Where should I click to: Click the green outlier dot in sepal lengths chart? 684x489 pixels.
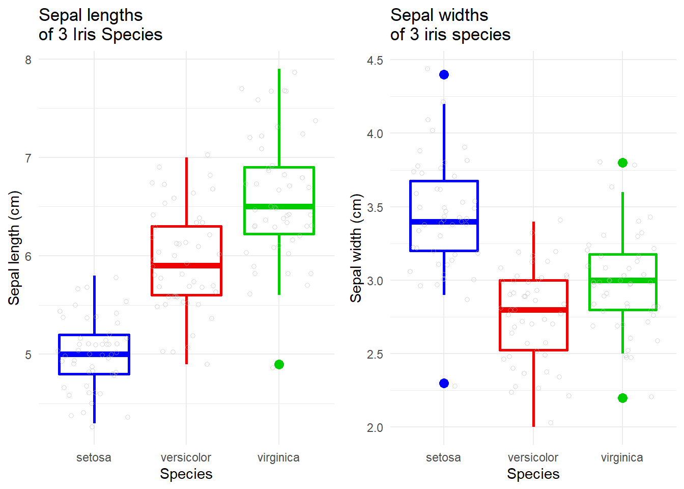pos(279,364)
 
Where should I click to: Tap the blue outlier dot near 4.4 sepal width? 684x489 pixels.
pos(444,75)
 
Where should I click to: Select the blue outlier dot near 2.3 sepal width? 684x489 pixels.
pos(444,383)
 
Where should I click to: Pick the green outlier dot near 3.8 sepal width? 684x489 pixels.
pos(622,163)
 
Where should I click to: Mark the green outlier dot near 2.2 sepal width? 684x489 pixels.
pos(622,398)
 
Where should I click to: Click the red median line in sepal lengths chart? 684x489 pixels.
pos(186,265)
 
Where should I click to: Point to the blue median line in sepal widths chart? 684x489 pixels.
pos(444,222)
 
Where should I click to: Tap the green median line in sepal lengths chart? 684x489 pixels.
pos(279,206)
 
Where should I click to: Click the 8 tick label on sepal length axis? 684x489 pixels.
pos(28,60)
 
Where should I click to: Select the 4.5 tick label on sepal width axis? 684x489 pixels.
pos(375,61)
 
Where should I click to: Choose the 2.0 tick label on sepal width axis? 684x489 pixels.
pos(375,428)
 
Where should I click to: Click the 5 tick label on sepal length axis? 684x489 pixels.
pos(28,355)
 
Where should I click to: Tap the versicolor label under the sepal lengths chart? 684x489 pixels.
pos(186,457)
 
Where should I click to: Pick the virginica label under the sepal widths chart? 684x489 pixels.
pos(621,457)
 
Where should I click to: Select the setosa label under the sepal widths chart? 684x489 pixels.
pos(443,457)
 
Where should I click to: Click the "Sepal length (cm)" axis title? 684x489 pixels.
pos(14,248)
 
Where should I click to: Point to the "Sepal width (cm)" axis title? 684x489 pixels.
pos(356,248)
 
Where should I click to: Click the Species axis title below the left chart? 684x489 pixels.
pos(186,474)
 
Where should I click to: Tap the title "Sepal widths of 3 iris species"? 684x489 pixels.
pos(450,25)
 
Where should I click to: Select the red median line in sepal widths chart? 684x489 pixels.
pos(533,310)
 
